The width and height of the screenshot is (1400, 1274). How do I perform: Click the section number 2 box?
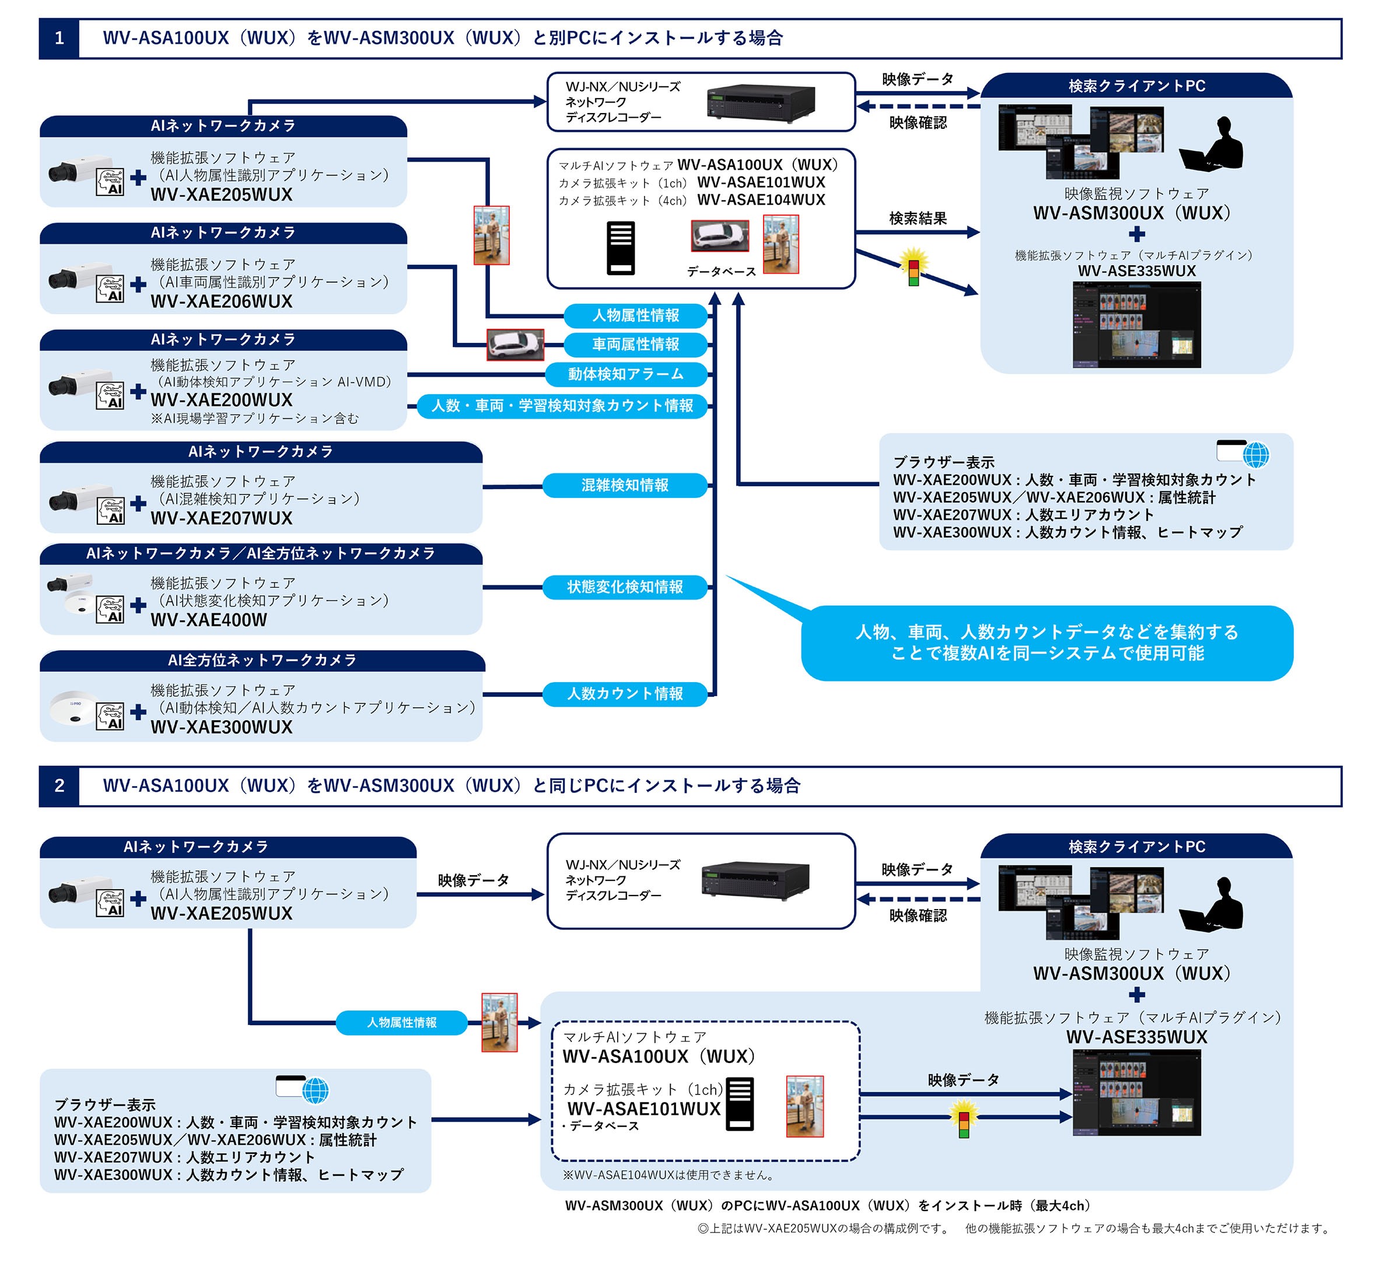[x=59, y=786]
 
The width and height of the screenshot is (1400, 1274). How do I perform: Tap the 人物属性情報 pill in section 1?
[x=635, y=315]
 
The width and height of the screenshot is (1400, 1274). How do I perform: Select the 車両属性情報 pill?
[x=635, y=345]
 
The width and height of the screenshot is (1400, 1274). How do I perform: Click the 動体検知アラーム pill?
[x=626, y=374]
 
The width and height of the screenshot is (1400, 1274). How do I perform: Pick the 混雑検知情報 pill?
[x=625, y=485]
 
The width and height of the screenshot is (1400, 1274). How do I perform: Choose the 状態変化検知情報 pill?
[x=625, y=587]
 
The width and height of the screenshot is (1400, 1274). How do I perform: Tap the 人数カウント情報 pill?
[x=625, y=694]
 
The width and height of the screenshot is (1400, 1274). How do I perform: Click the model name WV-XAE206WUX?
[x=222, y=301]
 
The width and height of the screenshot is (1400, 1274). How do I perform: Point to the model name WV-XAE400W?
[x=209, y=620]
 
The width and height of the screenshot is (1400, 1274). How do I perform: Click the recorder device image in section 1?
[x=761, y=103]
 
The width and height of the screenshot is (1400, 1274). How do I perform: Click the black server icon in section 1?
[x=620, y=248]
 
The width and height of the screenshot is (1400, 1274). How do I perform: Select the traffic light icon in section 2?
[x=964, y=1118]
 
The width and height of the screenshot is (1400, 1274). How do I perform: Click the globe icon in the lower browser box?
[x=315, y=1090]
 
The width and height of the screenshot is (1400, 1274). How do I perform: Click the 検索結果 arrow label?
[x=918, y=219]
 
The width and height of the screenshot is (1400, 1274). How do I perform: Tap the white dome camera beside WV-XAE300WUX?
[x=73, y=708]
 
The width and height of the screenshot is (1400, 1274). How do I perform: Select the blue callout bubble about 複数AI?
[x=1046, y=643]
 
